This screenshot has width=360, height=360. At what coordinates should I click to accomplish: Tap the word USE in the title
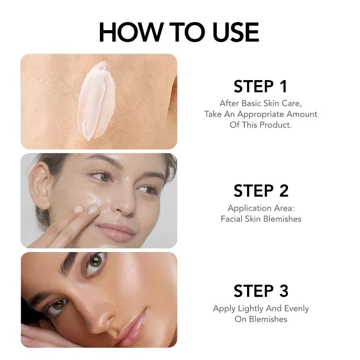pyautogui.click(x=236, y=32)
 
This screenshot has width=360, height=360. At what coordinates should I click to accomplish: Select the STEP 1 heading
pyautogui.click(x=261, y=86)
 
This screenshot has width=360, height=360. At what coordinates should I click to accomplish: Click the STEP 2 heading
pyautogui.click(x=261, y=191)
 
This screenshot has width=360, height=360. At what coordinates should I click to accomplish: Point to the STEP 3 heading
pyautogui.click(x=261, y=291)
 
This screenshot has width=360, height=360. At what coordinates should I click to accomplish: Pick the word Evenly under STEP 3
pyautogui.click(x=297, y=309)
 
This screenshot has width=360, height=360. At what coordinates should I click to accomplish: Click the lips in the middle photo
pyautogui.click(x=116, y=231)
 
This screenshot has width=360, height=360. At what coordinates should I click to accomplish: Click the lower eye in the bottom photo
pyautogui.click(x=56, y=306)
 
